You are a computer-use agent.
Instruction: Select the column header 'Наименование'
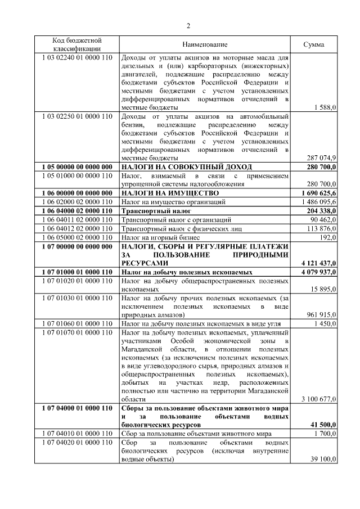tap(205, 44)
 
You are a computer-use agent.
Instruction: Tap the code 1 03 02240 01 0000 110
tap(77, 58)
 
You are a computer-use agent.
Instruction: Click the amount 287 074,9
tap(321, 157)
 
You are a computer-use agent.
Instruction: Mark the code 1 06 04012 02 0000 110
tap(77, 228)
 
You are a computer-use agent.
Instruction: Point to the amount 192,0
tap(327, 237)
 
